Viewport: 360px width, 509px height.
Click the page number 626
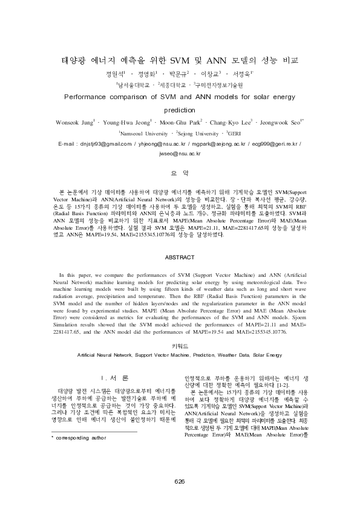(x=180, y=481)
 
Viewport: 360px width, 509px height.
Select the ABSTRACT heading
(x=180, y=256)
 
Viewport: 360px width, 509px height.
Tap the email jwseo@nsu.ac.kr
(x=180, y=154)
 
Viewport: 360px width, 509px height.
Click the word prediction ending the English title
(x=180, y=111)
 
